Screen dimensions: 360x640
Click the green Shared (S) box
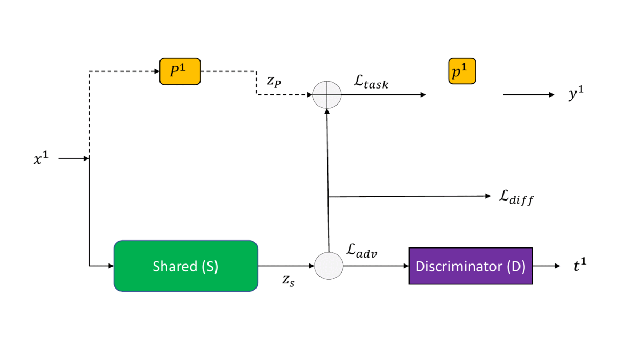pyautogui.click(x=186, y=266)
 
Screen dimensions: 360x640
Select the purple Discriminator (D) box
pyautogui.click(x=470, y=266)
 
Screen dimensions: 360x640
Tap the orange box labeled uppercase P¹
pyautogui.click(x=180, y=71)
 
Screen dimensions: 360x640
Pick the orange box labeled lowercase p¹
pyautogui.click(x=462, y=71)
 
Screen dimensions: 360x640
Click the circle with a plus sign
pyautogui.click(x=326, y=95)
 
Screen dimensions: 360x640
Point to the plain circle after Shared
pyautogui.click(x=329, y=266)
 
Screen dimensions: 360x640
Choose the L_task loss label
pyautogui.click(x=371, y=82)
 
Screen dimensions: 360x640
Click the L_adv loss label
pyautogui.click(x=362, y=250)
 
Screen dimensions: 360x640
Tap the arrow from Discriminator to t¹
pyautogui.click(x=546, y=266)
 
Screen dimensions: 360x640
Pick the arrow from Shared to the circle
pyautogui.click(x=286, y=266)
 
